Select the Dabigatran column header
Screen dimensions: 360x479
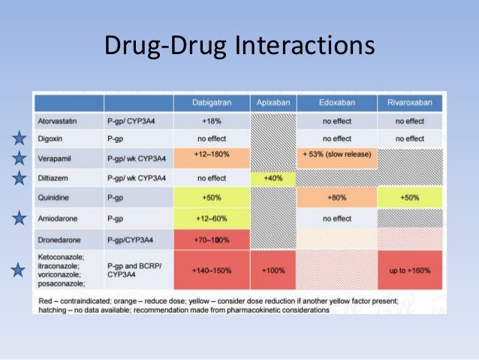[x=211, y=103]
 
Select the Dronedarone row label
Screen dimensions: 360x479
[x=61, y=238]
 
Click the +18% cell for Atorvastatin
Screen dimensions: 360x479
[x=211, y=120]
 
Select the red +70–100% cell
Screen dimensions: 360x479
[x=211, y=239]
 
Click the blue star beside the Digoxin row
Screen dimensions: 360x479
[x=20, y=138]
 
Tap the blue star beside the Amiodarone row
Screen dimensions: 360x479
[x=20, y=218]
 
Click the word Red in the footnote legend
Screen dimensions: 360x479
[x=44, y=299]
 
